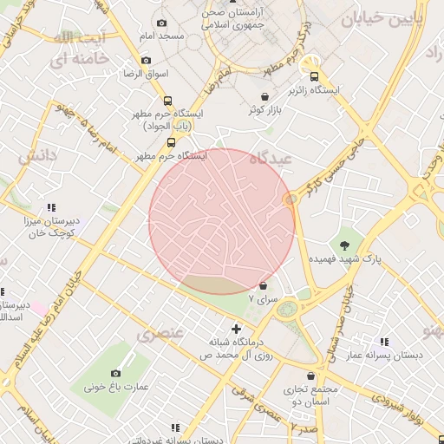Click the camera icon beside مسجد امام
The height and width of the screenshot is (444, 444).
tap(161, 23)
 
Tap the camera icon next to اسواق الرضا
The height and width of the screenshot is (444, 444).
tap(146, 60)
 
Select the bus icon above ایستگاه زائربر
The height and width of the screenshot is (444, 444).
tap(314, 75)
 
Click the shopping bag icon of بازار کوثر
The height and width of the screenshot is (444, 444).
tap(264, 95)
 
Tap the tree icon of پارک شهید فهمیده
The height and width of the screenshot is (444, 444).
tap(345, 244)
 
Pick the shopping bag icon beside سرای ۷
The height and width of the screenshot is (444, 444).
tap(264, 284)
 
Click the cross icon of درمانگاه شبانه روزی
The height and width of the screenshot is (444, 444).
tap(236, 329)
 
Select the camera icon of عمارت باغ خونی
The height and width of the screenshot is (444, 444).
tap(115, 373)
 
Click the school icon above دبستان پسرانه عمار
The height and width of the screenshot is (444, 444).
tap(383, 342)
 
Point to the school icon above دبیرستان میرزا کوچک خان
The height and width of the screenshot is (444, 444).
tap(51, 207)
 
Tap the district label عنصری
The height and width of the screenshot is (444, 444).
tap(160, 333)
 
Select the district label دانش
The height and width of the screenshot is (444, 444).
tap(38, 156)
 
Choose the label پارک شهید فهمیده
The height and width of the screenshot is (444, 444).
tap(345, 258)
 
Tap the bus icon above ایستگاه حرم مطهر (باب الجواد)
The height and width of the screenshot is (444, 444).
tap(168, 100)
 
